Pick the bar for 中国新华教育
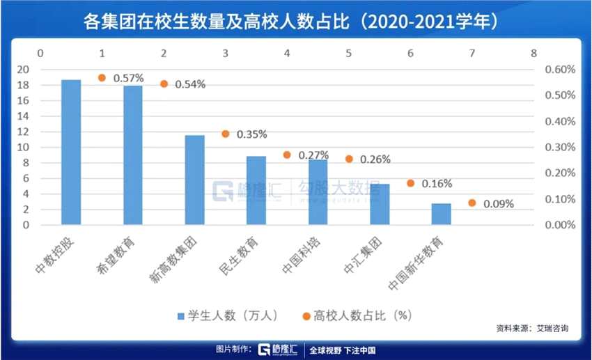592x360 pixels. pos(441,214)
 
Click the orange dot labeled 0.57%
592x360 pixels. pos(102,78)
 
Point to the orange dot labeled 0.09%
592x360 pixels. pos(472,203)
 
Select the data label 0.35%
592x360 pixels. pos(252,134)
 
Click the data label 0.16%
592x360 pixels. pos(437,184)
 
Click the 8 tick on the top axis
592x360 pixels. pos(533,54)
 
